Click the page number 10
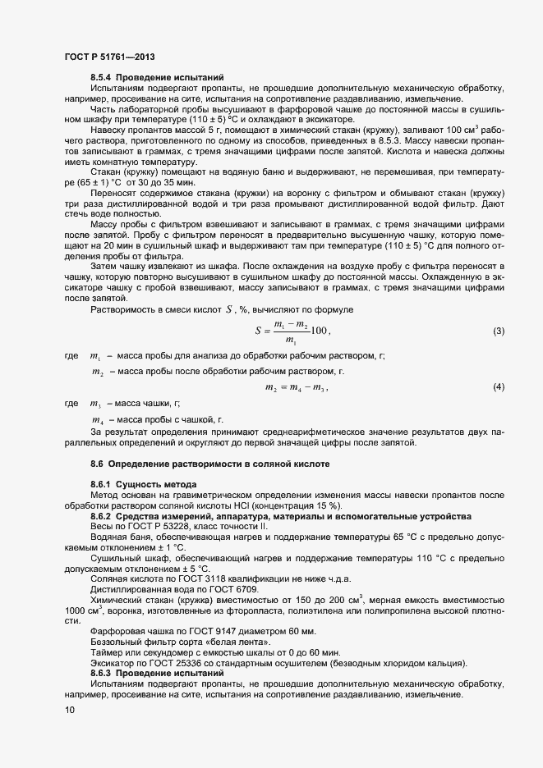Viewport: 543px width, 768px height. (68, 711)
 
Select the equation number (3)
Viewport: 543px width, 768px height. (498, 331)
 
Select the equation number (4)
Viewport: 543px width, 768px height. (498, 386)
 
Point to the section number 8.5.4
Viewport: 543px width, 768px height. (102, 76)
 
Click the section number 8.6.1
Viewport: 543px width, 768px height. (102, 486)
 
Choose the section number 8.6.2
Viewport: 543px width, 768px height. (102, 516)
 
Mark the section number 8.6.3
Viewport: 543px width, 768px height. (102, 673)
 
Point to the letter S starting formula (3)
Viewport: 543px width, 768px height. (260, 331)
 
